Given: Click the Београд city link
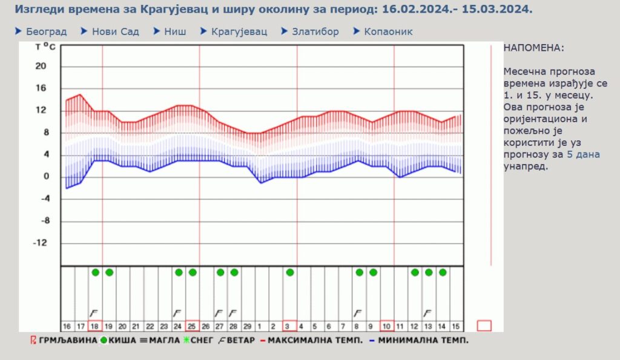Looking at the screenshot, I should point(46,31).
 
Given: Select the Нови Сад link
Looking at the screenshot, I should point(115,31).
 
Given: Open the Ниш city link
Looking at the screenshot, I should point(175,31).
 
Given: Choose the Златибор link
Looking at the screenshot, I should point(315,31).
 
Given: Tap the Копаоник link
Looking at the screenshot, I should point(388,31).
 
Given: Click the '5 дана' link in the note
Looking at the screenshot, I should point(583,155).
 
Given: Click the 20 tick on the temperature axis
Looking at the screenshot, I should point(41,66).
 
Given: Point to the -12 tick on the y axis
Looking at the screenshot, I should point(40,243).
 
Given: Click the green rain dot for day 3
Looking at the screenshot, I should point(290,272).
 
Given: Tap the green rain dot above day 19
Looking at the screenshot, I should point(109,272).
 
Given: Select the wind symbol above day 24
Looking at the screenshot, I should point(177,313).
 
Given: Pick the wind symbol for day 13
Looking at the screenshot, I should point(428,313).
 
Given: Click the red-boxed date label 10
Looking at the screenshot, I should point(387,326).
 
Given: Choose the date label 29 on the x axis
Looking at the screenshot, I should point(247,326).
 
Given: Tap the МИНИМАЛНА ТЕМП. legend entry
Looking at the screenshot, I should point(423,341).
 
